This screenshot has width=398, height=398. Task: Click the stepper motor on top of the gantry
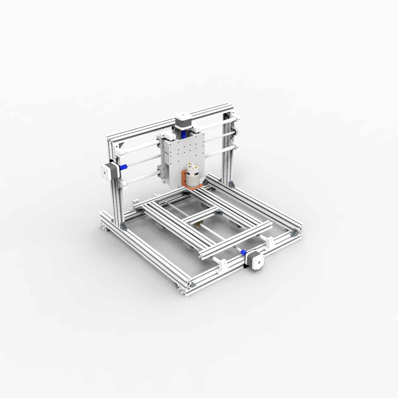click(x=184, y=120)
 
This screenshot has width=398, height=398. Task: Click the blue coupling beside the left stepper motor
click(x=123, y=167)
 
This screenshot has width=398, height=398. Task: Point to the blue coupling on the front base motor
click(x=244, y=252)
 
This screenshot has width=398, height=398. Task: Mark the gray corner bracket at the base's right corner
click(x=294, y=232)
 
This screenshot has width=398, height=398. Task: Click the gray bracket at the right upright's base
click(x=231, y=184)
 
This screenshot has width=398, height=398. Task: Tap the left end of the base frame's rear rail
click(x=105, y=221)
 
